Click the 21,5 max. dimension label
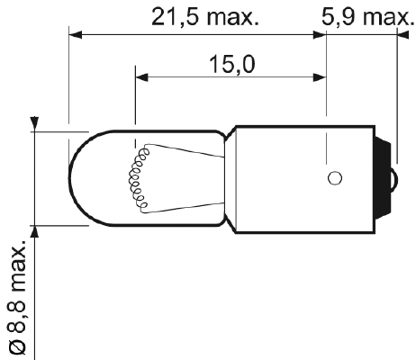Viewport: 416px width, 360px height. click(203, 16)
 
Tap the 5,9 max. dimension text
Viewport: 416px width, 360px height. click(363, 16)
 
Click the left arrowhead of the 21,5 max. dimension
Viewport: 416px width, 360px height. click(77, 36)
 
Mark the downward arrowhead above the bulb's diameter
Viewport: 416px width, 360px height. click(35, 124)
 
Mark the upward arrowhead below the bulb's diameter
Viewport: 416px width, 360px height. click(35, 231)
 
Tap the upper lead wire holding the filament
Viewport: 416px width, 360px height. click(180, 147)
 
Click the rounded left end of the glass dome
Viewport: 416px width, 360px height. click(72, 175)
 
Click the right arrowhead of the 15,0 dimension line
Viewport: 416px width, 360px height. click(320, 78)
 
